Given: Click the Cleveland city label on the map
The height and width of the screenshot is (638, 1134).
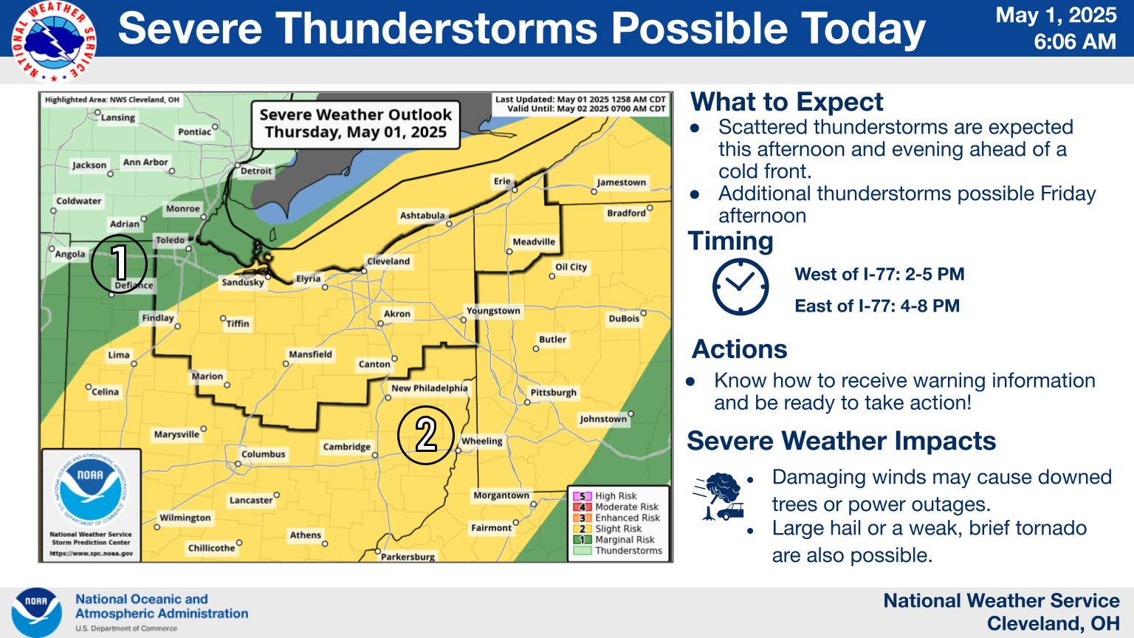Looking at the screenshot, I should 388,261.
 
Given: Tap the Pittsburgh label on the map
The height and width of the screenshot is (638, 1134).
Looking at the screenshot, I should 553,392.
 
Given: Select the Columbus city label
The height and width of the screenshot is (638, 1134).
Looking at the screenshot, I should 263,454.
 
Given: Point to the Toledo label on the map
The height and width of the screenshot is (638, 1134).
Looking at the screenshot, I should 170,241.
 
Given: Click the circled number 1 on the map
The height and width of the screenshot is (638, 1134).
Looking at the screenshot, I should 119,264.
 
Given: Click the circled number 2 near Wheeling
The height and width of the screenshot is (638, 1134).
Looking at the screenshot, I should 425,435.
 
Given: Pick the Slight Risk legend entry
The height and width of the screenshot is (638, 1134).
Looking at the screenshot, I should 617,529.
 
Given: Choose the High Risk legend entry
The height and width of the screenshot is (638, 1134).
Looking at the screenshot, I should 615,496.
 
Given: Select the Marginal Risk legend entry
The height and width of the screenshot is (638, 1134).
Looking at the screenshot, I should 624,540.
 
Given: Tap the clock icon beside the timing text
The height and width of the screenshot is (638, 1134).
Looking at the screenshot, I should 740,287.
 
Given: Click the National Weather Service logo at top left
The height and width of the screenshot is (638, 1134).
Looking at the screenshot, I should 54,41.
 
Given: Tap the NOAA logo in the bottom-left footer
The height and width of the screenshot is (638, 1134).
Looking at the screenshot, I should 36,612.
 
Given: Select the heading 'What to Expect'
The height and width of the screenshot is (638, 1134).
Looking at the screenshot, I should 786,102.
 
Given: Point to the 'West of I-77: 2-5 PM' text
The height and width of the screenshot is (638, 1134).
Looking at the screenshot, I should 879,275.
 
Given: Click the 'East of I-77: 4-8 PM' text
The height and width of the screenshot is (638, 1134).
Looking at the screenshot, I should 876,306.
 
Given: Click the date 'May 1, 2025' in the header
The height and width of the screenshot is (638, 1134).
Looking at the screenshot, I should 1056,16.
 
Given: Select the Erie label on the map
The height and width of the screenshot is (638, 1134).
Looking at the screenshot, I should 502,181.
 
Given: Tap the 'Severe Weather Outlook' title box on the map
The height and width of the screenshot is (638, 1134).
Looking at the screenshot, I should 355,123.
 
